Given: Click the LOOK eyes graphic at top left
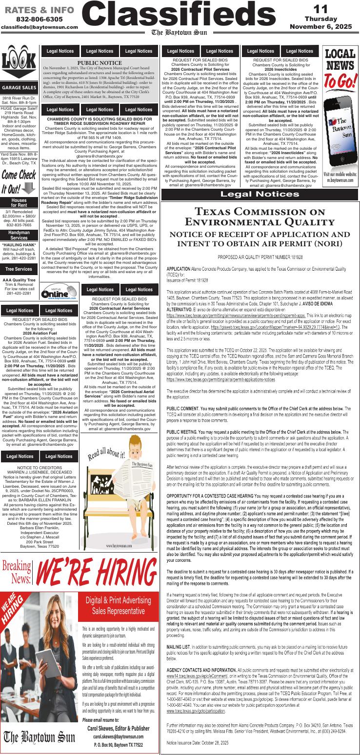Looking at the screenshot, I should click(19, 64).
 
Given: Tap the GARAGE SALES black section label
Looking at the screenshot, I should click(19, 87).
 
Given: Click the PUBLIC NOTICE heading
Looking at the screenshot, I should click(100, 63).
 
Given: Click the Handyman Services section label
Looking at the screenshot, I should click(19, 235).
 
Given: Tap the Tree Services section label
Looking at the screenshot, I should click(19, 269).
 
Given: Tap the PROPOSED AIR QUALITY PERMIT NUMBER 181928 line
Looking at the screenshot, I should click(260, 257).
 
